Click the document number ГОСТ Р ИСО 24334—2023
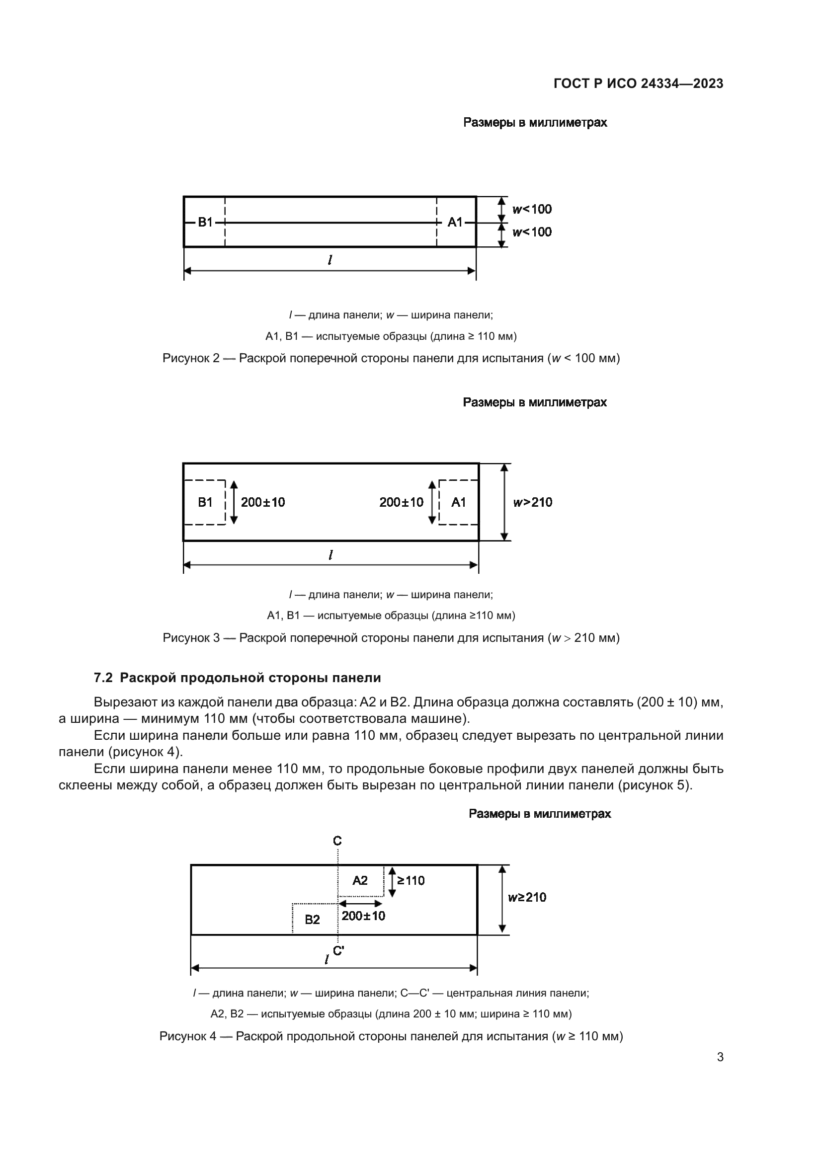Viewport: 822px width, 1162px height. click(638, 84)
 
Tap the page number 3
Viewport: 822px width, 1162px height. click(720, 1057)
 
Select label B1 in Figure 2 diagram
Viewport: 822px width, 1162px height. click(205, 222)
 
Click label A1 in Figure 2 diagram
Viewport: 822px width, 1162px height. click(455, 222)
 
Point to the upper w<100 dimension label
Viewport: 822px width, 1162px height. click(532, 210)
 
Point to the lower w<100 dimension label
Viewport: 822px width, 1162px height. click(532, 232)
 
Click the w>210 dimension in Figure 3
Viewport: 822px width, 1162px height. click(532, 503)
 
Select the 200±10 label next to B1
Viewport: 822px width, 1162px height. click(263, 503)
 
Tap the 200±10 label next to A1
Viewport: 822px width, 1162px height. click(402, 503)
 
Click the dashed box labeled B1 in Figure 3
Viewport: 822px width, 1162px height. click(205, 503)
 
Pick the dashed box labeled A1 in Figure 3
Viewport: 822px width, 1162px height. click(459, 503)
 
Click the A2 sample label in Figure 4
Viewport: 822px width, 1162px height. click(360, 881)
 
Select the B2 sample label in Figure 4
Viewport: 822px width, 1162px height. click(312, 920)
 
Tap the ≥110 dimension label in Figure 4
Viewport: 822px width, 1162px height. click(411, 881)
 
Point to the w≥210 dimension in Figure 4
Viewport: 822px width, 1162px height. click(527, 898)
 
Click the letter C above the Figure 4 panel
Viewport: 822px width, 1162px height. click(337, 841)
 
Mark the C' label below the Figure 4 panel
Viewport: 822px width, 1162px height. click(338, 951)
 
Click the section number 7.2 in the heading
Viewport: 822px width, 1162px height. click(103, 678)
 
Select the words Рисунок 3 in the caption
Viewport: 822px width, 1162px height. click(191, 638)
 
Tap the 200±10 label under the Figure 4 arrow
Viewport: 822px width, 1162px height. click(363, 916)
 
